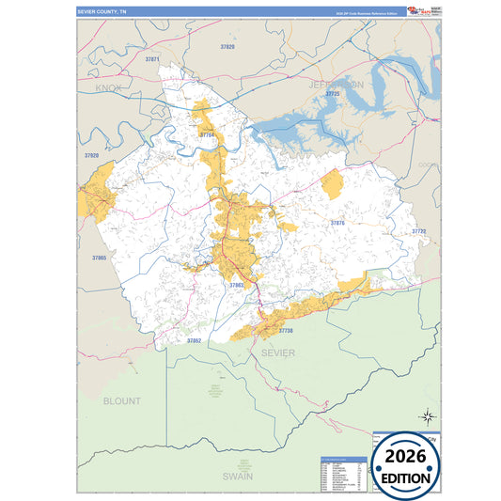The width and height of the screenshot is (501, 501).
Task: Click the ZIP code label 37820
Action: (227, 46)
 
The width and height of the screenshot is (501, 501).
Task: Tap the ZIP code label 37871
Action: (153, 59)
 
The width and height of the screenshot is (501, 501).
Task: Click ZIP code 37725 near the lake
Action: (331, 95)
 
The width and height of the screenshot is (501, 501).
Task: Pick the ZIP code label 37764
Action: (207, 135)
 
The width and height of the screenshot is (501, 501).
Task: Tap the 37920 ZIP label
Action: (91, 155)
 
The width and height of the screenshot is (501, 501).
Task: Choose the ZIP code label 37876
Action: (337, 223)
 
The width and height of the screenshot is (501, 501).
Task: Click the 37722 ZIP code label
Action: (418, 231)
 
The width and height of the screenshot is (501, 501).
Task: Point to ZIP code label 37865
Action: (100, 258)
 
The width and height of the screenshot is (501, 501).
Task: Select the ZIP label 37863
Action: (236, 284)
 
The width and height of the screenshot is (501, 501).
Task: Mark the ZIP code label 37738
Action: (286, 331)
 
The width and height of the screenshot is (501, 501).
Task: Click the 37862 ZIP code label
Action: (194, 340)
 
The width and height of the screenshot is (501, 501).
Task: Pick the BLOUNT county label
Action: (121, 400)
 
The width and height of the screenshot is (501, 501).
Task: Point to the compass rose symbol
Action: (426, 416)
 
